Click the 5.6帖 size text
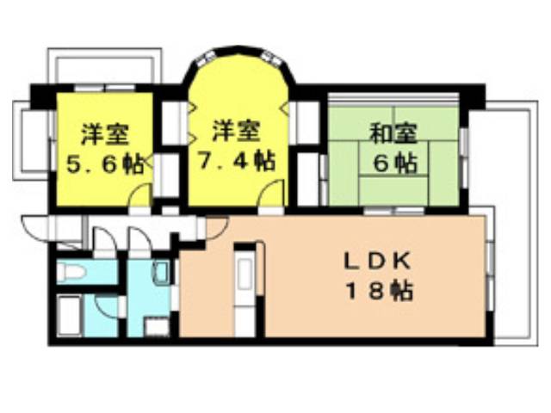tap(105, 163)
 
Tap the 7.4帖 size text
tap(236, 161)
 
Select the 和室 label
tap(393, 133)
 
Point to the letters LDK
tap(377, 262)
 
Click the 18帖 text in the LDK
tap(380, 291)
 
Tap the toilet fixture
tap(71, 272)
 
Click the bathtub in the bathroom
tap(70, 316)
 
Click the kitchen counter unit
tap(245, 290)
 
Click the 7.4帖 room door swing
tap(270, 193)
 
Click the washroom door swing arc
tap(139, 239)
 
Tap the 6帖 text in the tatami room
tap(395, 163)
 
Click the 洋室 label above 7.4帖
tap(236, 132)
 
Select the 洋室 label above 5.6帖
tap(105, 134)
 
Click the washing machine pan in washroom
tap(157, 327)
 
